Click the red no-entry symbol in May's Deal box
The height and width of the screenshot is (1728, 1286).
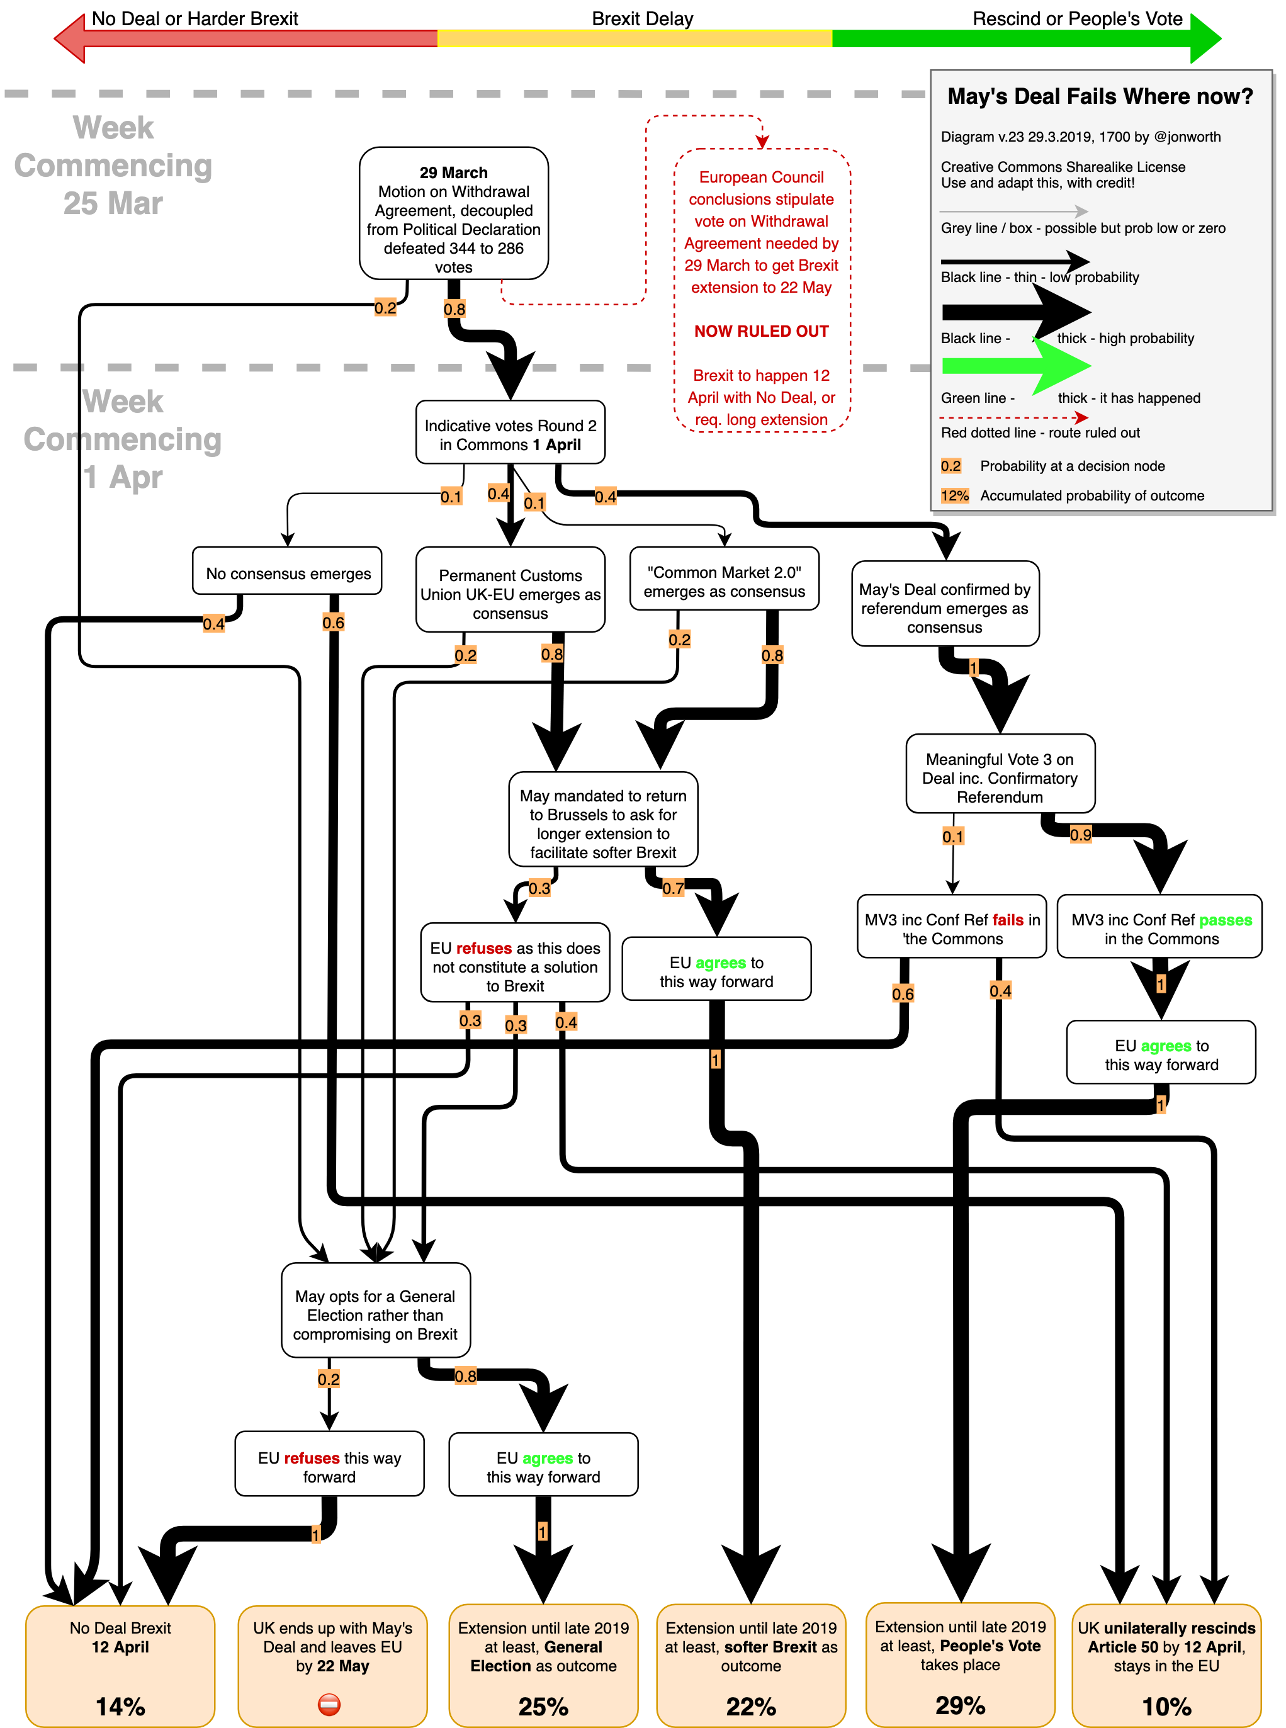329,1705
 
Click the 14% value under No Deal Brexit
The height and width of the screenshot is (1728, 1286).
120,1706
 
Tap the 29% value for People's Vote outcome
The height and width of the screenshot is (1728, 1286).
960,1705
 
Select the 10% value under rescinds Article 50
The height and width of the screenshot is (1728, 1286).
1166,1706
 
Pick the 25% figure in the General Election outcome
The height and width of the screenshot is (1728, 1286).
543,1706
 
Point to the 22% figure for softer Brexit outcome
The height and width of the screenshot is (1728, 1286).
750,1706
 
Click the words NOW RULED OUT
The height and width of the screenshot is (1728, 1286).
761,332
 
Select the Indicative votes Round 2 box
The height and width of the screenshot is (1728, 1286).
510,434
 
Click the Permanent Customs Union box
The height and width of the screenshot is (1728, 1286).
510,593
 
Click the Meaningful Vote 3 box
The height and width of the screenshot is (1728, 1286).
1000,777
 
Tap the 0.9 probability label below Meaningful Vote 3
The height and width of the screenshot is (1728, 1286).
1081,835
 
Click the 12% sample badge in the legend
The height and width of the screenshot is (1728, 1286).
954,496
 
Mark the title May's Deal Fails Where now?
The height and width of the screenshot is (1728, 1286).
1099,96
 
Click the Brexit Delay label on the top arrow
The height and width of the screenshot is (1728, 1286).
642,19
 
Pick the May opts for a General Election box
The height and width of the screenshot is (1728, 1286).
375,1314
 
